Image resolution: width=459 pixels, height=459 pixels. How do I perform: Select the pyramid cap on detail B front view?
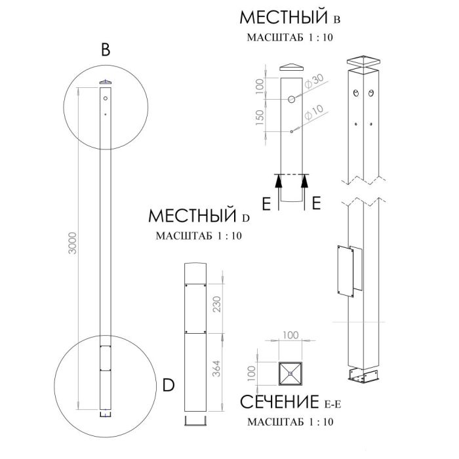coord(292,67)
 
